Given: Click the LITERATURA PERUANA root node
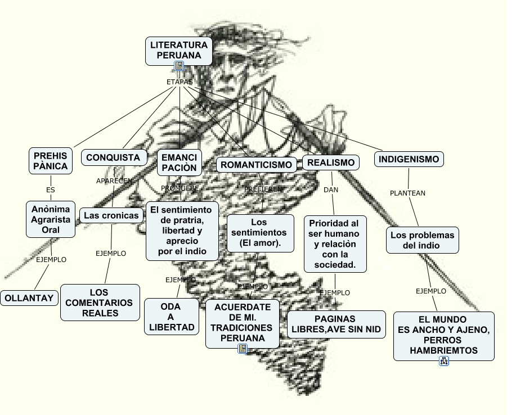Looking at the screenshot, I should pyautogui.click(x=179, y=51).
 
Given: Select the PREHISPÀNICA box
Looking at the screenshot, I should pyautogui.click(x=50, y=161).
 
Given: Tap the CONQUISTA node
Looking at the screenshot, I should pyautogui.click(x=113, y=158).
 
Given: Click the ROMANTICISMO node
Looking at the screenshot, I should pyautogui.click(x=257, y=165).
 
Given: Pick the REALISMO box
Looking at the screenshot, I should pyautogui.click(x=331, y=163).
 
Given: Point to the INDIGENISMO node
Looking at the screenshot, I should pyautogui.click(x=409, y=160).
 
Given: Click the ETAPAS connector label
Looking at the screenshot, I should pyautogui.click(x=180, y=82).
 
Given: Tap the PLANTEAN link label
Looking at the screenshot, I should pyautogui.click(x=407, y=193).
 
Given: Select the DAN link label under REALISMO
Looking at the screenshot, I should pyautogui.click(x=331, y=190).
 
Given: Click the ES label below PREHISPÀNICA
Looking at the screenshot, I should pyautogui.click(x=51, y=190).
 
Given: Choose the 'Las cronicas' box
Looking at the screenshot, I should pyautogui.click(x=111, y=215).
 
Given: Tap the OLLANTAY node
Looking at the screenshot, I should pyautogui.click(x=29, y=298).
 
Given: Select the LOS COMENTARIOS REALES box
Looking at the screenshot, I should pyautogui.click(x=100, y=303).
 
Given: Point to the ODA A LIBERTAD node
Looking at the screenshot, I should pyautogui.click(x=170, y=317).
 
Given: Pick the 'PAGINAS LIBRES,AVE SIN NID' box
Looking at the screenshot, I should pyautogui.click(x=335, y=324).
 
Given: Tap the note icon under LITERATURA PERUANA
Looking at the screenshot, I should pyautogui.click(x=179, y=66).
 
